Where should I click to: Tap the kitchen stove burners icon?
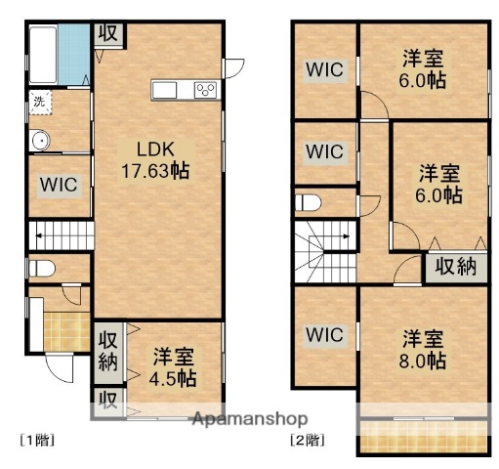206,90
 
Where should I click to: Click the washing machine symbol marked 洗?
39,102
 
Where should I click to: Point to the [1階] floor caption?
36,440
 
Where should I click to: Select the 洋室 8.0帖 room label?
423,350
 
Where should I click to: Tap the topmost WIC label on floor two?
324,69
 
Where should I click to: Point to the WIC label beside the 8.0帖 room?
324,334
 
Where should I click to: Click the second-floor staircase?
323,253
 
